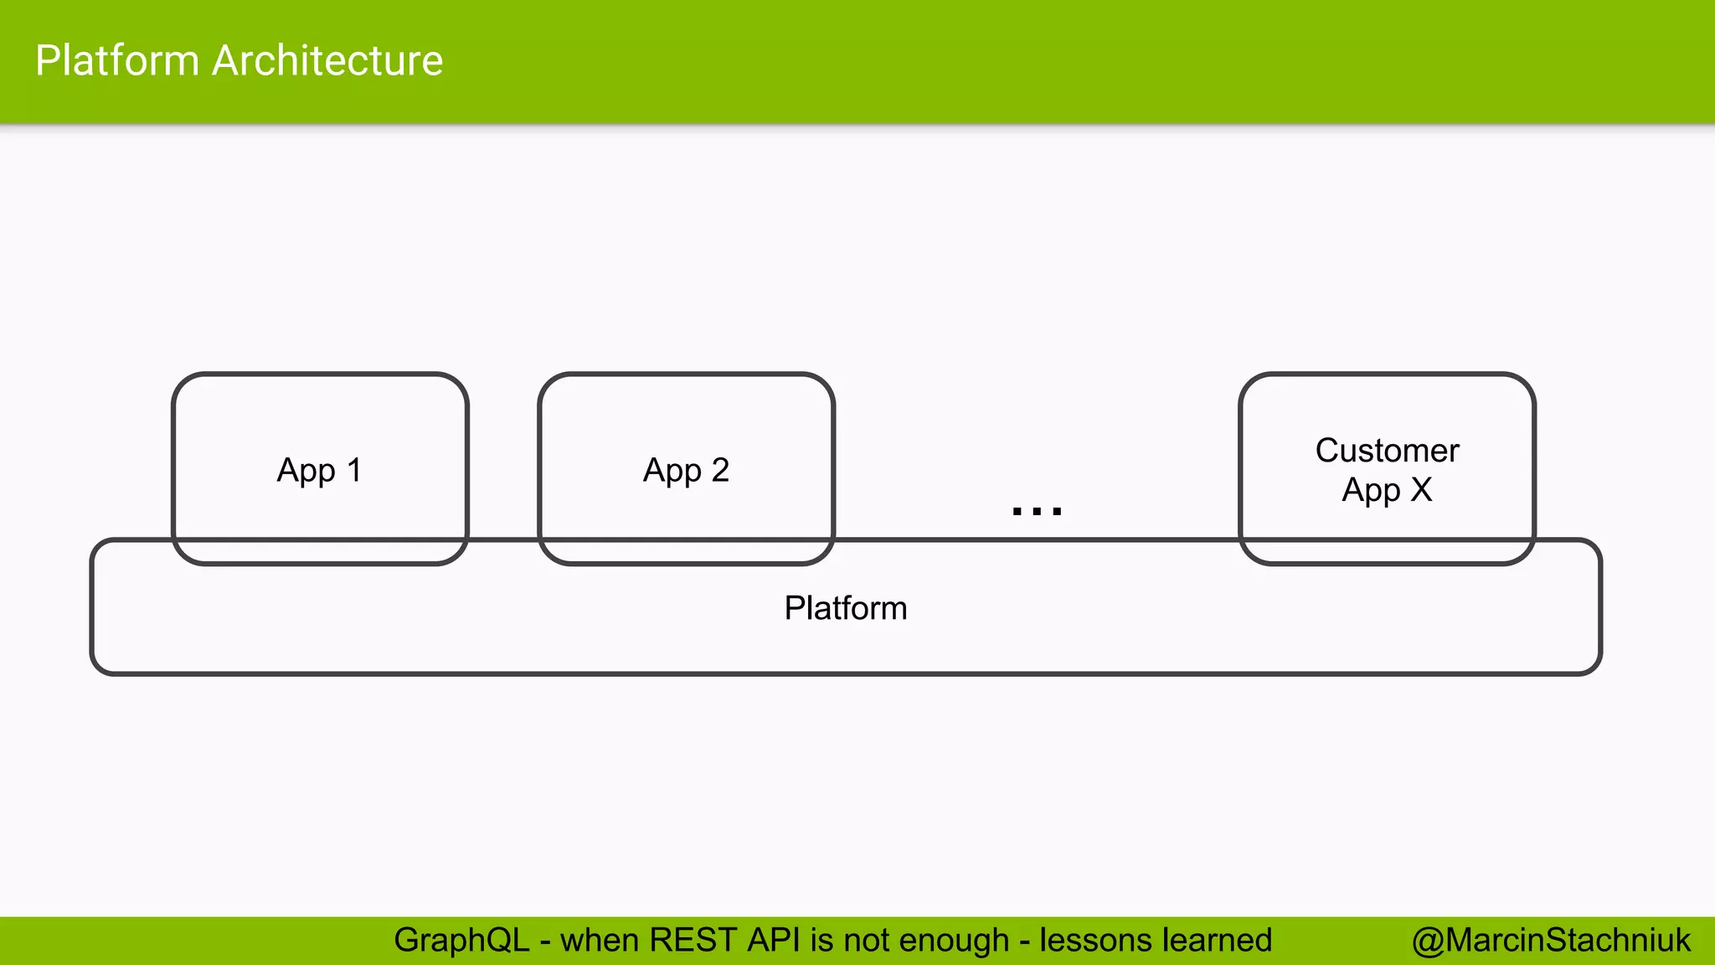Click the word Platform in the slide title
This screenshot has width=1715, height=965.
[116, 61]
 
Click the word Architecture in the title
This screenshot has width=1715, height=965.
[327, 61]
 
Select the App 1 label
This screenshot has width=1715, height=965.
[319, 471]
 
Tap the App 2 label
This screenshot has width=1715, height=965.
[686, 471]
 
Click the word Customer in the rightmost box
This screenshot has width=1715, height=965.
[1387, 451]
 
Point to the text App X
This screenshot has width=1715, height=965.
[1387, 490]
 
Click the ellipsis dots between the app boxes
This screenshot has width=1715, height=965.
[1037, 510]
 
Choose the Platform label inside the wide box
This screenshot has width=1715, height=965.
[846, 608]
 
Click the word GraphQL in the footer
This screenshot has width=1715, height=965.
[461, 941]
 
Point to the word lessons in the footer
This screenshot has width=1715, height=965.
[1095, 941]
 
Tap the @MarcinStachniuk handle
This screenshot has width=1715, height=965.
[1551, 941]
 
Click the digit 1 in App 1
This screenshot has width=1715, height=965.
[354, 470]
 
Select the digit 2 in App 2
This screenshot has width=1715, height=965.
[720, 470]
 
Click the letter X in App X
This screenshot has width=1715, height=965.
[1421, 490]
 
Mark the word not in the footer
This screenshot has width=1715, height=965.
[868, 941]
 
